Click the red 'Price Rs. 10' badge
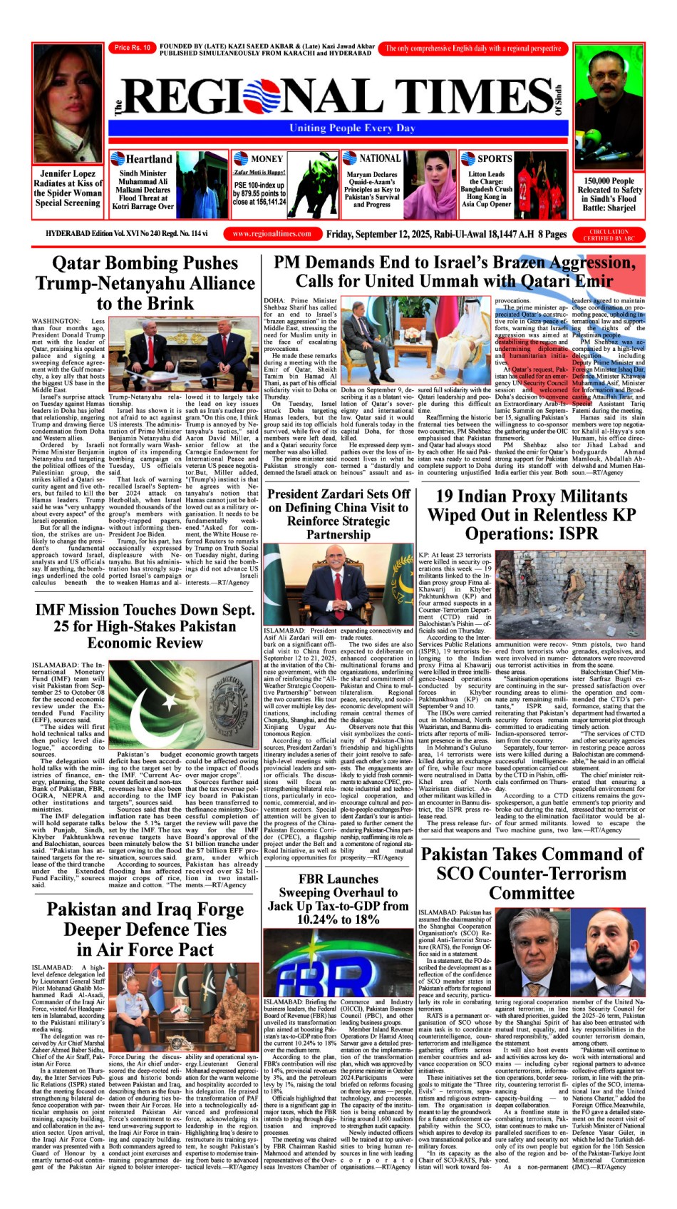click(x=133, y=48)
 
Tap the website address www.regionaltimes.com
click(x=272, y=233)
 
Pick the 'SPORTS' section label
click(x=494, y=158)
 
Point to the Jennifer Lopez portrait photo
click(x=67, y=104)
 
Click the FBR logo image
click(x=338, y=959)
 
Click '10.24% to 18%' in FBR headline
click(x=338, y=919)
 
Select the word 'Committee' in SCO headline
click(x=532, y=892)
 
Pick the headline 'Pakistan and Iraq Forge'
click(x=145, y=909)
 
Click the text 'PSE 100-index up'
click(x=259, y=185)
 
